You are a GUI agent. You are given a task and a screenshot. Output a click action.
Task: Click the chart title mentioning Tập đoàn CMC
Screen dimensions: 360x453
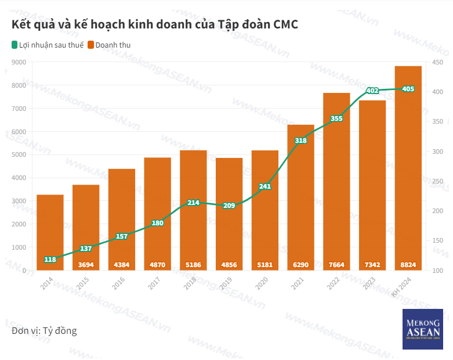click(x=154, y=24)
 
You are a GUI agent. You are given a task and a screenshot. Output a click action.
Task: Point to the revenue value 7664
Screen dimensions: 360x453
click(x=336, y=265)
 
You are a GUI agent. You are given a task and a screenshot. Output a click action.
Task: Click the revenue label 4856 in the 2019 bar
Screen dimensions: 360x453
click(x=229, y=265)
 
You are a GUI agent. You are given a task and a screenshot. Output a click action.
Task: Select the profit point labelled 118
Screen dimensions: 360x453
click(x=50, y=260)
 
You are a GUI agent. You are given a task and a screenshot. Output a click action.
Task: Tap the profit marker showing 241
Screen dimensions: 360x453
click(x=265, y=186)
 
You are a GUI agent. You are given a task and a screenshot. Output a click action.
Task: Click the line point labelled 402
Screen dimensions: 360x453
click(x=372, y=91)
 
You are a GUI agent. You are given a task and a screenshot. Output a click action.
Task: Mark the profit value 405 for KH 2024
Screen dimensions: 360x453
click(x=408, y=89)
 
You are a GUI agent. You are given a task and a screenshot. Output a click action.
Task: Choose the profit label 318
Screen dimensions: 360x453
click(x=300, y=141)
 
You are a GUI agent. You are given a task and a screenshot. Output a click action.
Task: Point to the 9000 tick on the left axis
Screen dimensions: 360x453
click(x=19, y=62)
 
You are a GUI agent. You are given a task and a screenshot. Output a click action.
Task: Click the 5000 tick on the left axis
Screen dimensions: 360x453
click(x=19, y=155)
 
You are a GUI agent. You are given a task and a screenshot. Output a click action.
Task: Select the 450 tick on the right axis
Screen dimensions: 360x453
click(x=437, y=62)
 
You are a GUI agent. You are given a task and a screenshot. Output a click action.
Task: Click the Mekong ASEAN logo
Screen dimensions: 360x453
click(x=422, y=329)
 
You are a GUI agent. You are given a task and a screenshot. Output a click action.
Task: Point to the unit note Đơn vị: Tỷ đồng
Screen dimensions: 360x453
click(x=44, y=331)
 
